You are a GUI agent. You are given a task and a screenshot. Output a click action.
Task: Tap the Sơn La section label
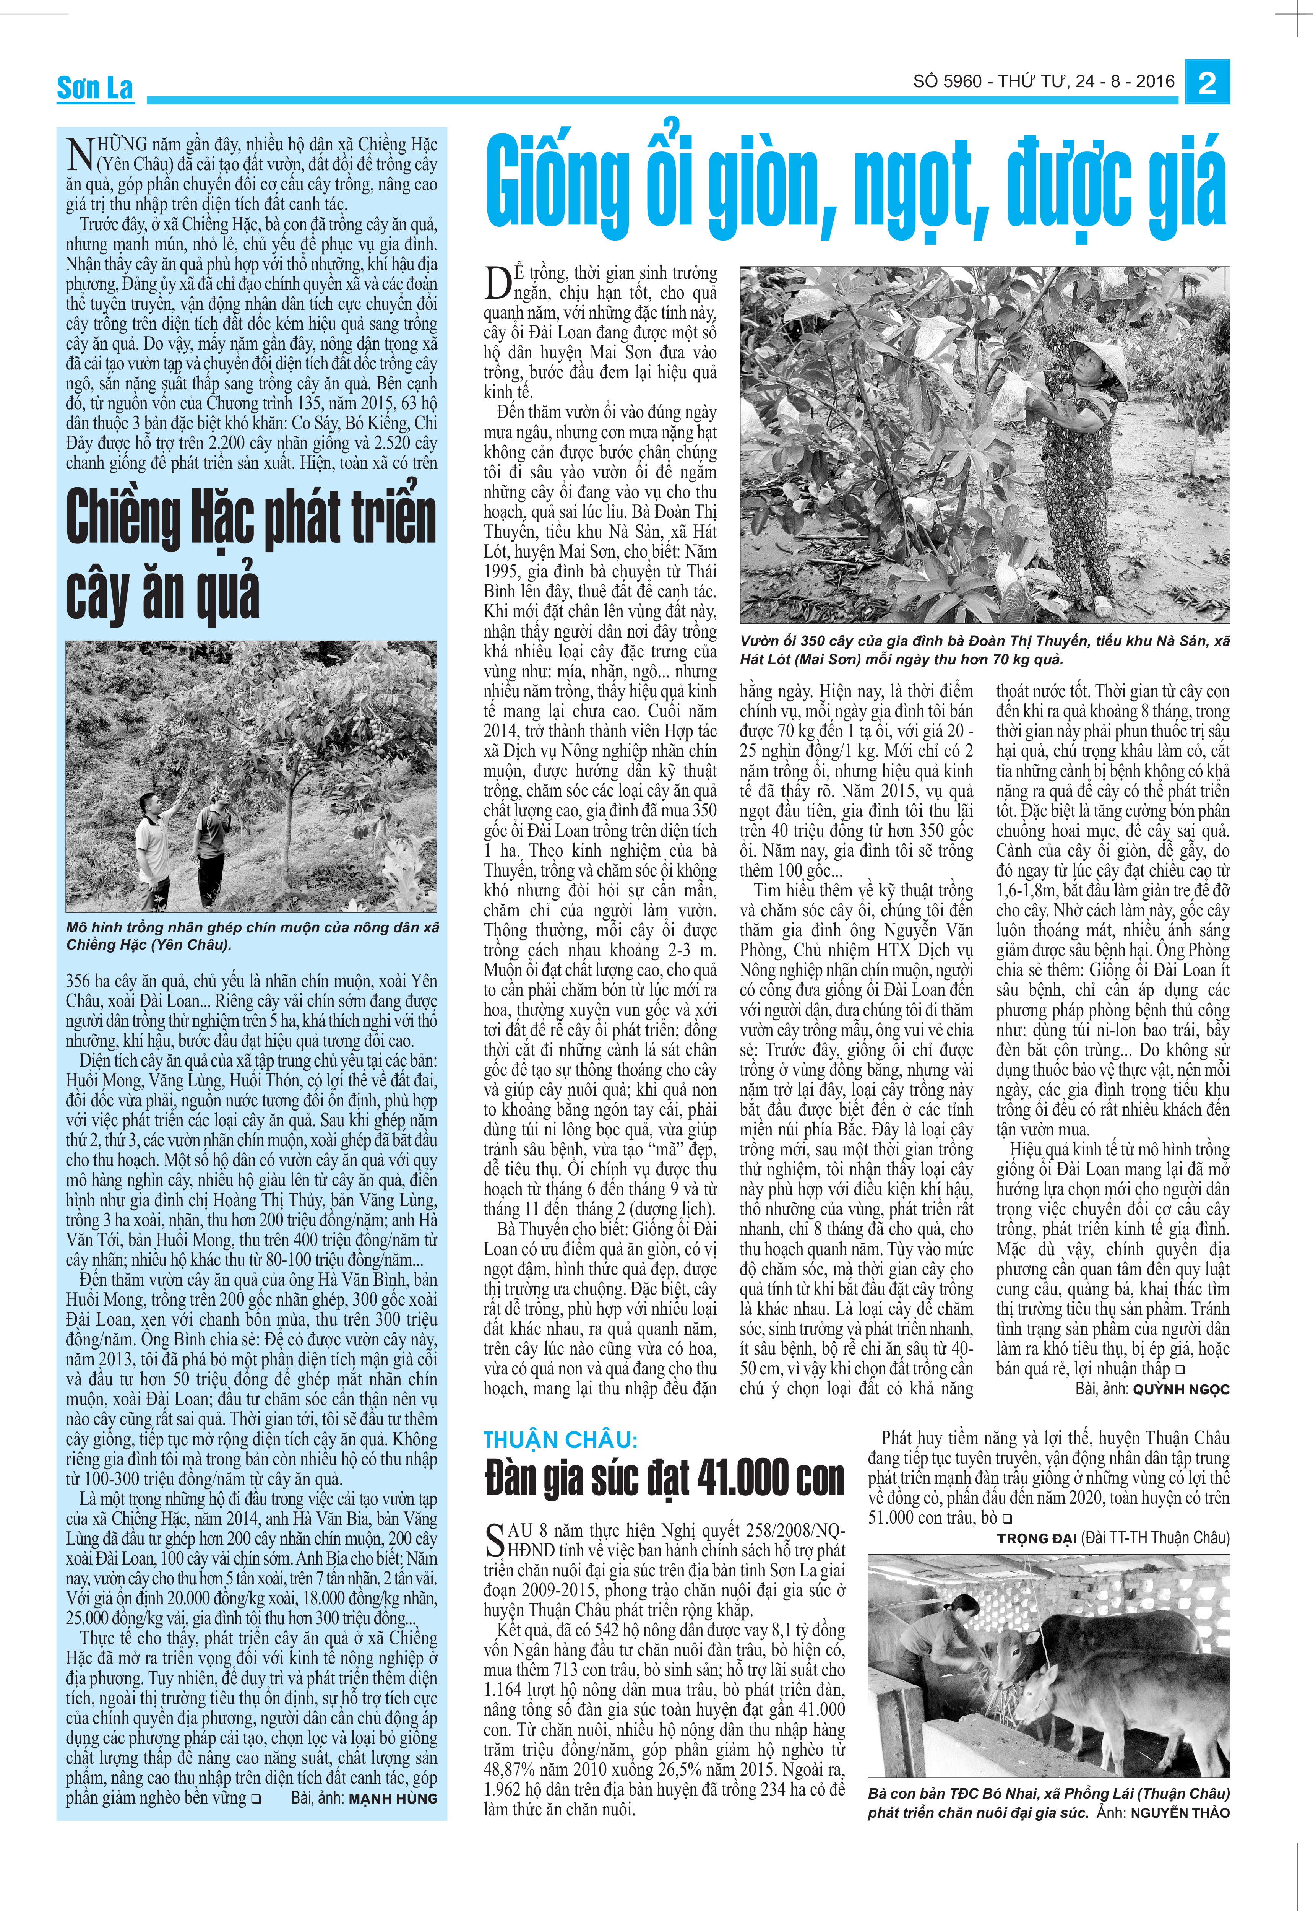[x=95, y=87]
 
